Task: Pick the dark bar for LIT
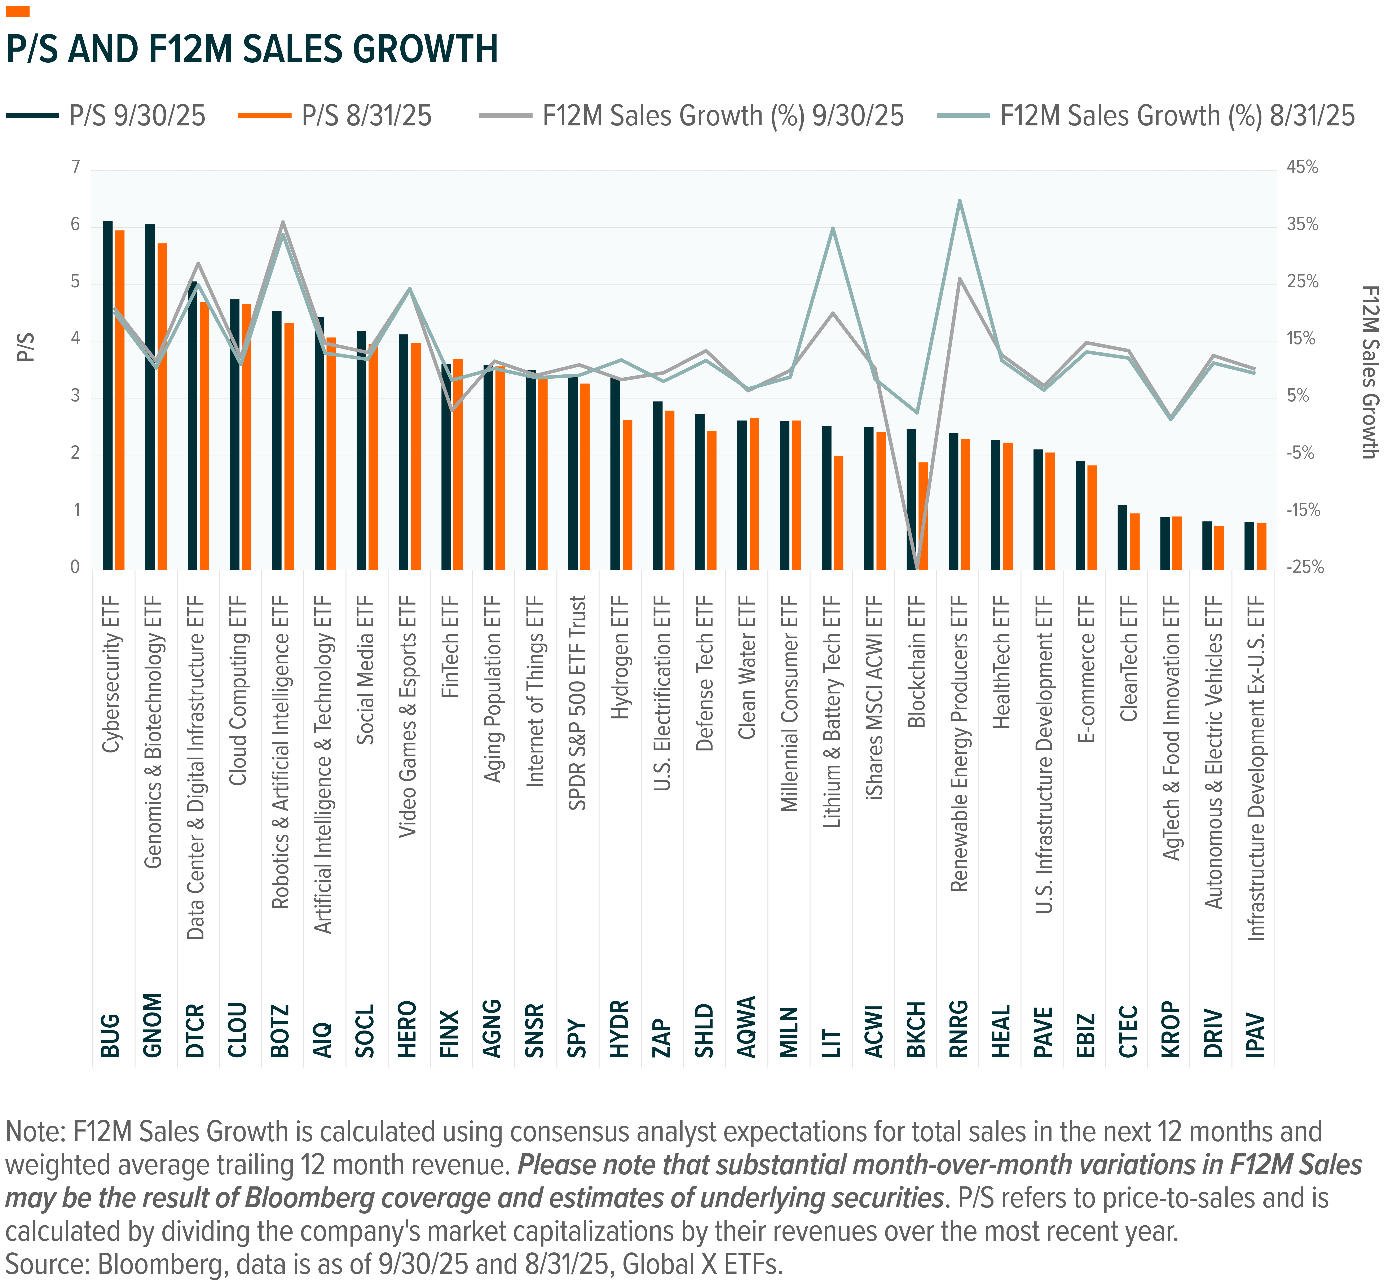point(827,498)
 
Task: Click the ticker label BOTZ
point(279,1031)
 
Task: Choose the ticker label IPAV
point(1255,1034)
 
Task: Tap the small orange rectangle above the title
point(17,11)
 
